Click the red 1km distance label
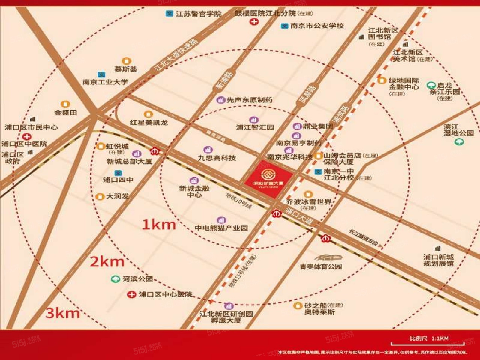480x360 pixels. coord(159,225)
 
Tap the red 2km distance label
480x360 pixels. coord(107,261)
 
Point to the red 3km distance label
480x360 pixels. coord(63,313)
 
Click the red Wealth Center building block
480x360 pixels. coord(268,178)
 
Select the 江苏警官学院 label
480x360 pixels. coord(198,14)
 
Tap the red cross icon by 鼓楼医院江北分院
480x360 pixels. coord(254,22)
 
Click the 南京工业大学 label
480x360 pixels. coord(105,82)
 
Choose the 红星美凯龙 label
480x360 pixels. coord(148,123)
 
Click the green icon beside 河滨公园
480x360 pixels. coord(115,279)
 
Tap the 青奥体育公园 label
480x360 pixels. coord(321,266)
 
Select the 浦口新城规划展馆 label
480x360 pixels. coord(438,260)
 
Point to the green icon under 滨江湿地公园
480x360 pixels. coord(459,142)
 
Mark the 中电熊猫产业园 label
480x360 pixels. coord(221,228)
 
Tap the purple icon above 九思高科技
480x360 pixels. coord(207,150)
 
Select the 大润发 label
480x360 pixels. coord(117,196)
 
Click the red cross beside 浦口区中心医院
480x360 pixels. coord(132,294)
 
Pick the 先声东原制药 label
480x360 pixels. coord(249,100)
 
